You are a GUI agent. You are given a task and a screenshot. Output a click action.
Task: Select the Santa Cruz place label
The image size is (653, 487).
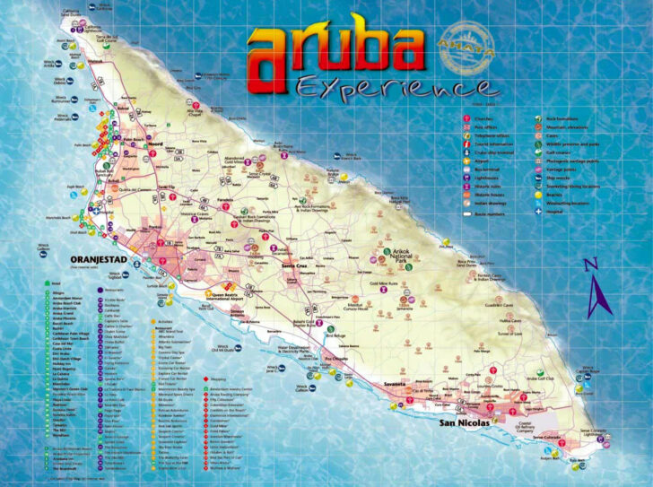click(x=295, y=266)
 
